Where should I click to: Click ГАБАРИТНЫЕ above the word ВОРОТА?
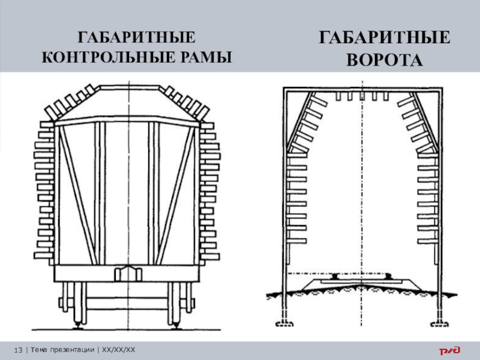(x=384, y=39)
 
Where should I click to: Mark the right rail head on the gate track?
(x=388, y=275)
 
